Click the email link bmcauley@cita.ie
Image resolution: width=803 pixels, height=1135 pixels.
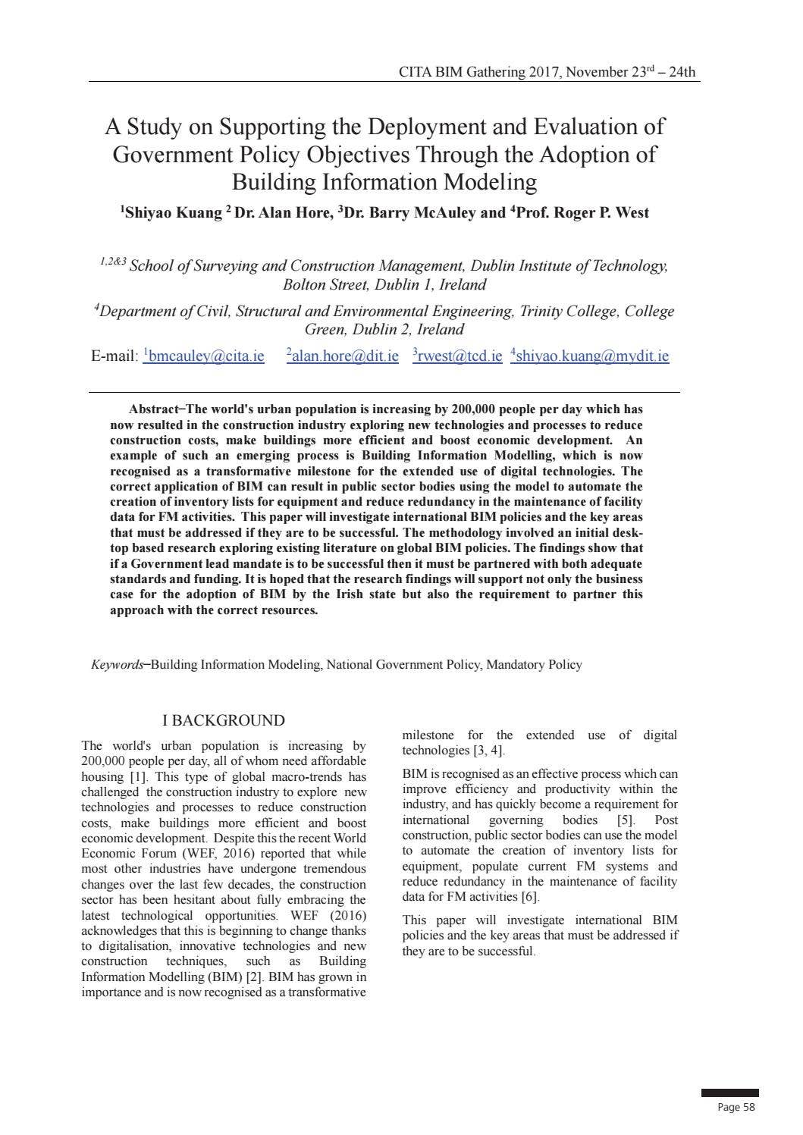(x=206, y=356)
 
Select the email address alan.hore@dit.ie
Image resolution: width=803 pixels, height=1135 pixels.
(x=345, y=356)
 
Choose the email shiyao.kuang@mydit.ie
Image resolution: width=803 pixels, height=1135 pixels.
(x=592, y=356)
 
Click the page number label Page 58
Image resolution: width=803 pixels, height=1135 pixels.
(x=736, y=1108)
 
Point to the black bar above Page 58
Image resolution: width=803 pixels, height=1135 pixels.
(x=729, y=1093)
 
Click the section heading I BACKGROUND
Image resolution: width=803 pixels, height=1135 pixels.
(x=224, y=720)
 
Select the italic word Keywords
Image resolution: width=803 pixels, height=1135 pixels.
(x=117, y=665)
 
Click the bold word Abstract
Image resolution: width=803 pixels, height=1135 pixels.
(x=153, y=409)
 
